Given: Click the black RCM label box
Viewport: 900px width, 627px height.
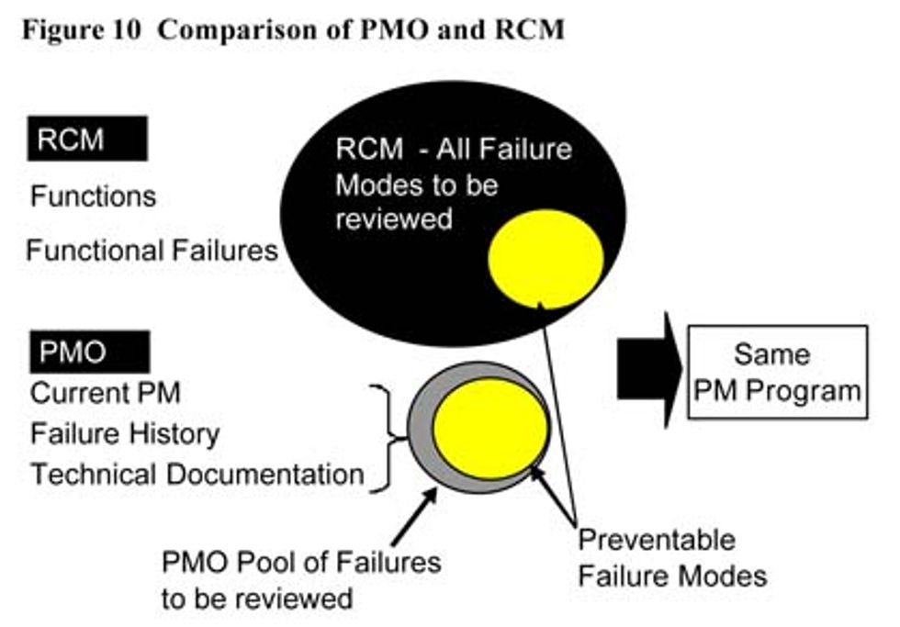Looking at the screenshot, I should pyautogui.click(x=88, y=139).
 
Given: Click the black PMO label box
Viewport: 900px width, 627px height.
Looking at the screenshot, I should pyautogui.click(x=89, y=352).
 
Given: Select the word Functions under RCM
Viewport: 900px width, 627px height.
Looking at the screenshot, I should pyautogui.click(x=93, y=196).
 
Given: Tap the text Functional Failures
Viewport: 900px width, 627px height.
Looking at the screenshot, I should pyautogui.click(x=152, y=250).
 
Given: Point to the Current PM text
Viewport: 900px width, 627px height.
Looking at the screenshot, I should pyautogui.click(x=106, y=393).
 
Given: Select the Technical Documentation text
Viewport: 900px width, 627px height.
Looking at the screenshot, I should pyautogui.click(x=197, y=475).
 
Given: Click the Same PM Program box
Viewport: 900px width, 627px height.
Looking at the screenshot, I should pyautogui.click(x=776, y=371).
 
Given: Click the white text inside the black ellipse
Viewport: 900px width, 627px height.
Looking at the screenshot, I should pyautogui.click(x=454, y=184).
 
